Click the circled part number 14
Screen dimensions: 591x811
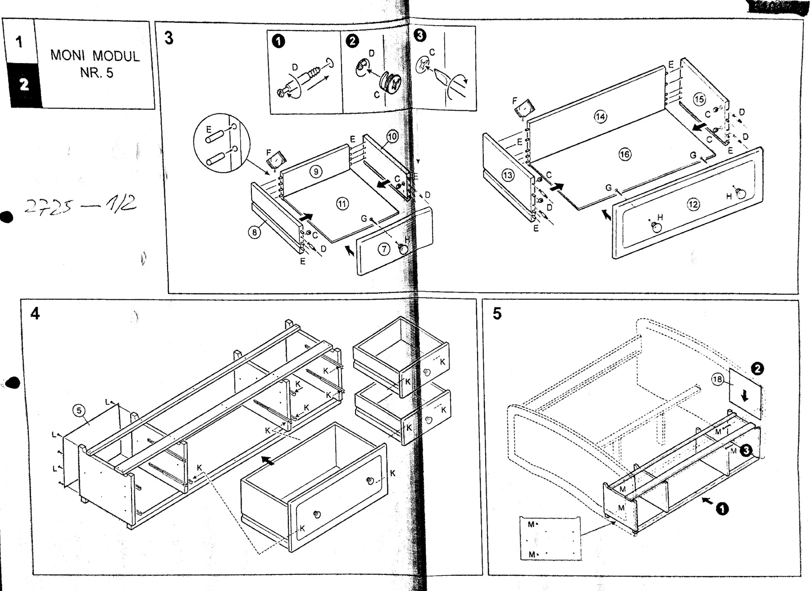pos(600,117)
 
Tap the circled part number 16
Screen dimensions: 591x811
pos(624,154)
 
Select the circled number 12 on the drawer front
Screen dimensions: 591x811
pos(693,204)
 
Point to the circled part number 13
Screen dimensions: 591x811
pos(508,175)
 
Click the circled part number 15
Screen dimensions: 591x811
pos(699,99)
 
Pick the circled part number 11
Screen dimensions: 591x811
pos(342,204)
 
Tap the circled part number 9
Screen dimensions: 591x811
pos(316,171)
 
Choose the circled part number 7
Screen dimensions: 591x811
pos(383,249)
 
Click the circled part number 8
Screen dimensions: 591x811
pos(255,232)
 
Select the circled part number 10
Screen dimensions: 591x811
pos(392,136)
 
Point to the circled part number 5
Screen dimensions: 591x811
pos(79,410)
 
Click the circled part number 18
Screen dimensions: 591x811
pos(717,379)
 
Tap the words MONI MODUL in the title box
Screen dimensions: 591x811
pos(95,56)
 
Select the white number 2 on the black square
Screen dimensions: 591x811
pos(24,85)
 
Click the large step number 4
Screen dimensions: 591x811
pos(35,313)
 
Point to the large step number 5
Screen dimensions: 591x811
pos(497,313)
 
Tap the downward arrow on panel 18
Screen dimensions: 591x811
pos(744,396)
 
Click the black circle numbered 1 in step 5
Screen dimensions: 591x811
pos(722,509)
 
